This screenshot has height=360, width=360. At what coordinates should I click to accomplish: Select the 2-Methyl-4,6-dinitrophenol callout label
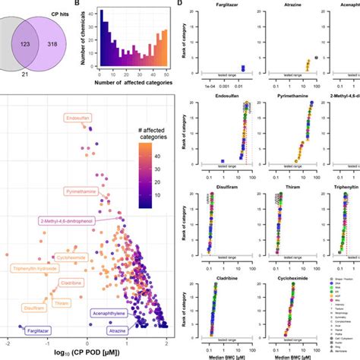click(68, 220)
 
